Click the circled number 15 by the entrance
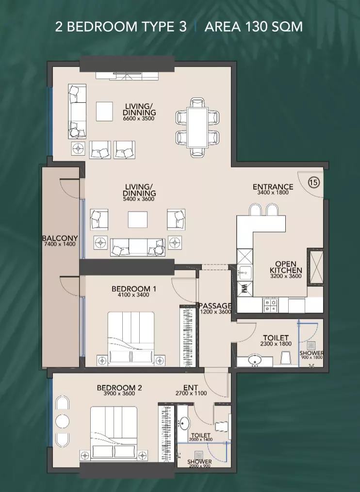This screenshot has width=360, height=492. (314, 182)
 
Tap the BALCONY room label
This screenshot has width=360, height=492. (60, 238)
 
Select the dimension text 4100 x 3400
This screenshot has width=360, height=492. (133, 295)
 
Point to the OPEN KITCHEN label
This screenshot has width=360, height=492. (286, 267)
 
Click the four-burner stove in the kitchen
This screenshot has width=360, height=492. (270, 305)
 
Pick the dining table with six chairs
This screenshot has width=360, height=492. (197, 128)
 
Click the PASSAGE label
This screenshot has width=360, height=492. (215, 306)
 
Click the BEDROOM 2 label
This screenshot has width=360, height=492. (119, 388)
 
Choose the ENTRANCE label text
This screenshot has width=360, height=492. (273, 187)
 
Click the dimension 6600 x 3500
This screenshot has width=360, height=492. (139, 118)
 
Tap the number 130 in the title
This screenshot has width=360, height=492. (257, 27)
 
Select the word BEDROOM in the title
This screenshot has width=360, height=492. (102, 27)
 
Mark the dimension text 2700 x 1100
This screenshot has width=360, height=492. (191, 393)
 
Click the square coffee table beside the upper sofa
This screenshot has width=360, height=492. (104, 112)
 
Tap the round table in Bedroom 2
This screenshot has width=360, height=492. (62, 421)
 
